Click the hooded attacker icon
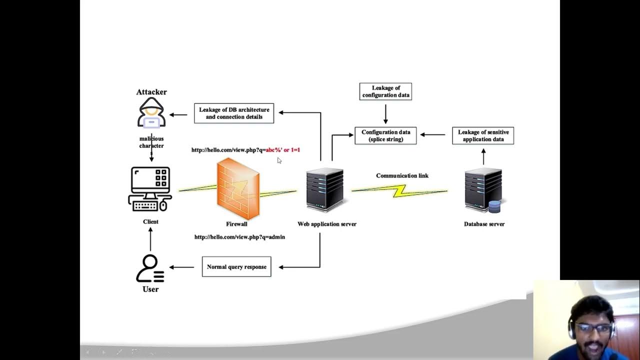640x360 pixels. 151,113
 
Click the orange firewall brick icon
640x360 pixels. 238,188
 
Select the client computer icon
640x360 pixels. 150,189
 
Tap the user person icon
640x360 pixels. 149,268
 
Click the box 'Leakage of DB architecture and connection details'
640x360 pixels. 234,113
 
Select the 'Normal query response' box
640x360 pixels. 236,267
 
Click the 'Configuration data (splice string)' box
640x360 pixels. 385,135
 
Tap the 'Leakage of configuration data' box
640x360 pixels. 385,91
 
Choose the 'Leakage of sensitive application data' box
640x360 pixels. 483,135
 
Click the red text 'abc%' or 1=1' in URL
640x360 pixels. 283,150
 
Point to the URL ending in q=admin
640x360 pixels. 239,237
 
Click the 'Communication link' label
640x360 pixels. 402,175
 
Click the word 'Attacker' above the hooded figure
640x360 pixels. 151,92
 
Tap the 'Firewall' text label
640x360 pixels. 236,224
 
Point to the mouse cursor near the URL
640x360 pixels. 279,160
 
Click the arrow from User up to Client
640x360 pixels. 150,239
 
